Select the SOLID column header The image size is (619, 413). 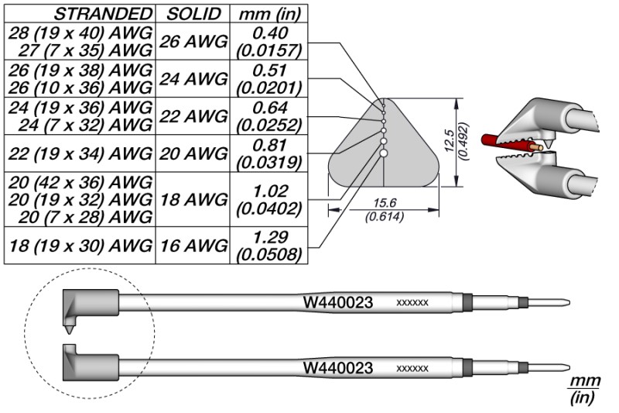193,13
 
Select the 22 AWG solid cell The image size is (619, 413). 193,115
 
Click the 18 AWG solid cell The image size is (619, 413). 193,198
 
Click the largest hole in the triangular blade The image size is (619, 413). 383,153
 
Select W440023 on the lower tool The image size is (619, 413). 337,367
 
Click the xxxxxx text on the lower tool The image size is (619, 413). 412,369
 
